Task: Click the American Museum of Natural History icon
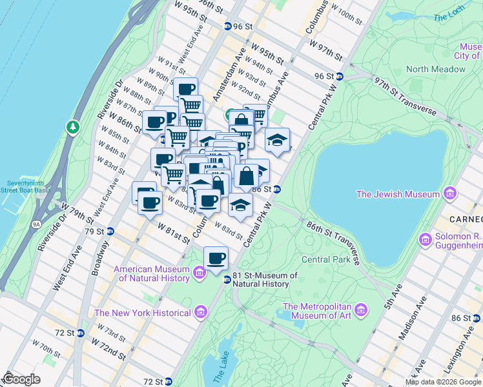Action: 200,273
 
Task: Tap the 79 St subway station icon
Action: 111,232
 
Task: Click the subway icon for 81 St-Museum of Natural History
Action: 227,279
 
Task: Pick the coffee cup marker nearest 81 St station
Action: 216,259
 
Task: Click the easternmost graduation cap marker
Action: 277,140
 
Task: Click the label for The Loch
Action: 448,17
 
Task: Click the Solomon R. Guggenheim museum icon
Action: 425,240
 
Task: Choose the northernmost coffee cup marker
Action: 186,89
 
